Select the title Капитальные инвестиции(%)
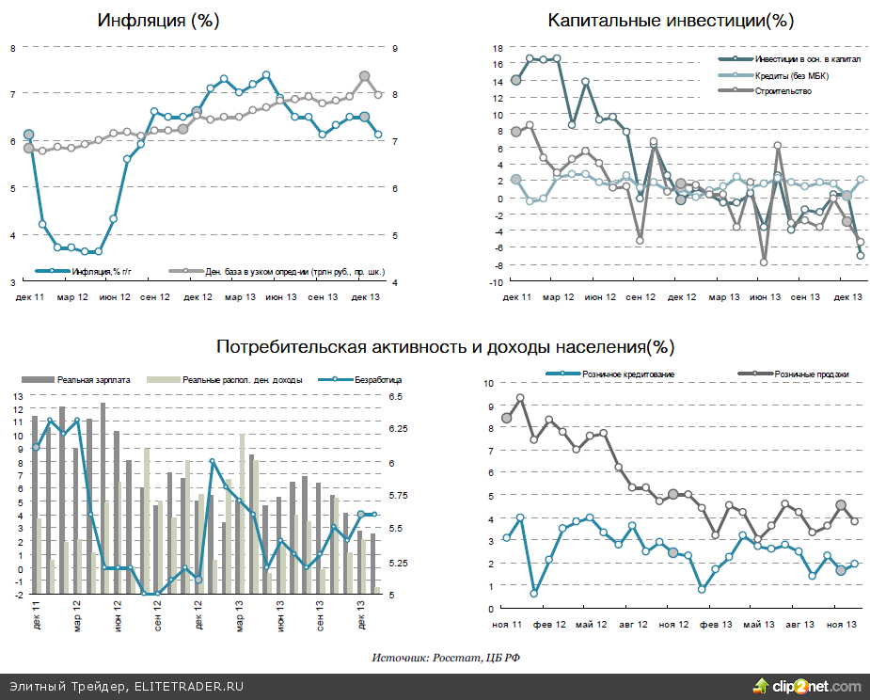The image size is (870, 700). (670, 20)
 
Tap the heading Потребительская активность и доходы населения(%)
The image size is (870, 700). (445, 346)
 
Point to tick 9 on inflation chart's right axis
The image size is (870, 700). (396, 48)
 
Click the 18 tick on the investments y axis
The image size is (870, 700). (498, 48)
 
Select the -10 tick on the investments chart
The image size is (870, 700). (497, 281)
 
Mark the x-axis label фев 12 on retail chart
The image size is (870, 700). (550, 624)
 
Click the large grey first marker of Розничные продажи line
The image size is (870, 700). (507, 418)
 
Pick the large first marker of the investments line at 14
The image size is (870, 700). (515, 80)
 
